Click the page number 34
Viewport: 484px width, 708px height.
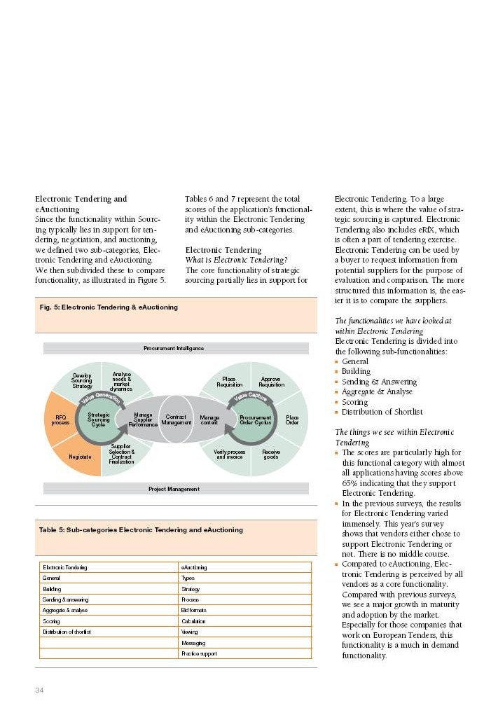40,690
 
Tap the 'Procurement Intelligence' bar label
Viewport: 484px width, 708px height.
176,348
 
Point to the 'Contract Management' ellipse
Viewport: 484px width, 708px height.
176,419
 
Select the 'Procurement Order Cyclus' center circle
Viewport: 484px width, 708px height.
255,420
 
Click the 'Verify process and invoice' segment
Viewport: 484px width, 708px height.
229,454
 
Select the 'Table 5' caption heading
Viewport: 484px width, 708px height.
141,530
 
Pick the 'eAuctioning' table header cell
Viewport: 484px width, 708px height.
194,567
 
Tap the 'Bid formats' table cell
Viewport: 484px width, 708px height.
193,611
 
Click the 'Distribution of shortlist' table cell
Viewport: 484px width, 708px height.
67,632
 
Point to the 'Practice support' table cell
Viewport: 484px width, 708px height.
199,653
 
